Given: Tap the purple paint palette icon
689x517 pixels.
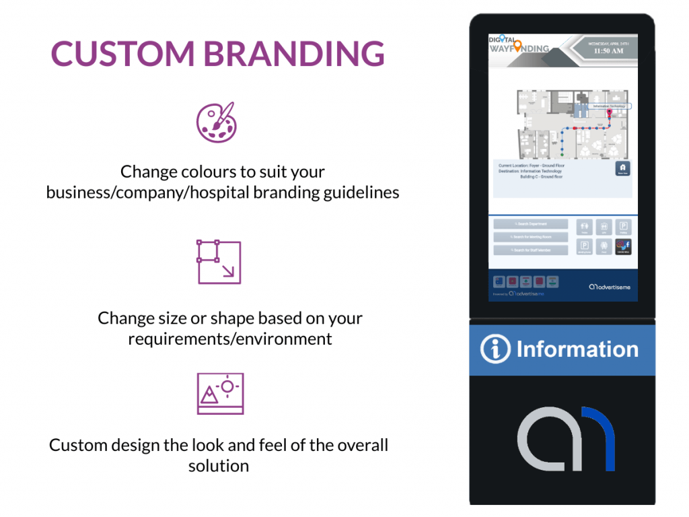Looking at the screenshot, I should coord(216,122).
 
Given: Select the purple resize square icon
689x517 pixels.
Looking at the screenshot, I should coord(219,262).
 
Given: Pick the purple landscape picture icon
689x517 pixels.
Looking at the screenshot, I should coord(220,394).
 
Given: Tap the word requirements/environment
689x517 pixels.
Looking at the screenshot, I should coord(230,339).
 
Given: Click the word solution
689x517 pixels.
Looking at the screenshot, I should coord(219,466).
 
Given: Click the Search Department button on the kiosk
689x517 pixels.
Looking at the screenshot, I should coord(530,224).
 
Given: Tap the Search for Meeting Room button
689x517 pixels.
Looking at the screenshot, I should coord(530,237).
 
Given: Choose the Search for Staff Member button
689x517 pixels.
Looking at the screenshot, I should coord(530,250).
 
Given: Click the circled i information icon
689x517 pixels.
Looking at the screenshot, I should coord(495,350).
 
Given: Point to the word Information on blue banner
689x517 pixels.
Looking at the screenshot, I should coord(577,349).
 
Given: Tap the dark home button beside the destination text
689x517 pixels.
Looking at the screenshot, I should coord(622,168).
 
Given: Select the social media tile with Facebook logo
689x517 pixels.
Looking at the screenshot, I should coord(623,247).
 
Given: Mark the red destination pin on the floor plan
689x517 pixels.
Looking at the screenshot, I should coord(610,114).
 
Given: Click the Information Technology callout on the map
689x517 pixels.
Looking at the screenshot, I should coord(610,106).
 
